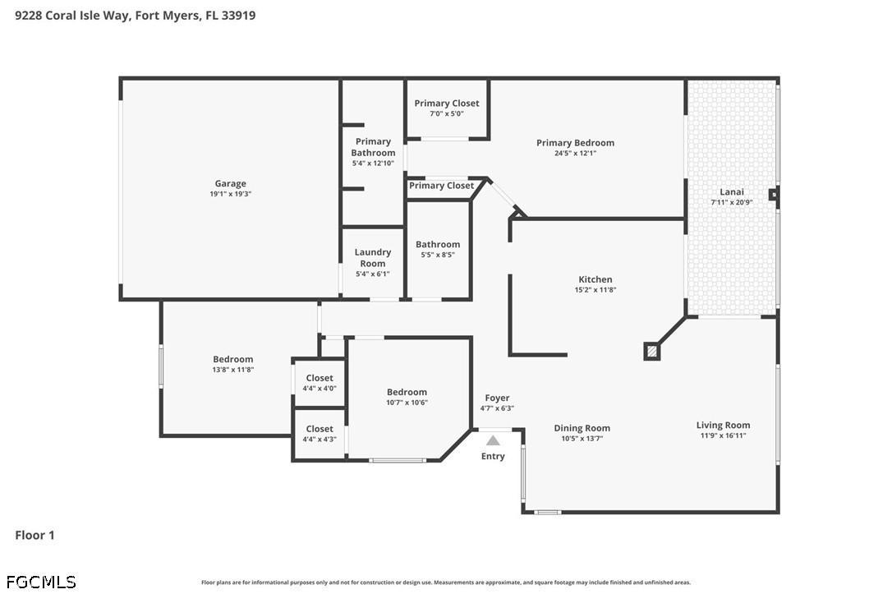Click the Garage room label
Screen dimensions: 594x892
click(x=230, y=184)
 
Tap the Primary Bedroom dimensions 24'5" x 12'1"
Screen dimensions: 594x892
click(x=575, y=153)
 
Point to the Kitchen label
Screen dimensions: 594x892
click(x=595, y=279)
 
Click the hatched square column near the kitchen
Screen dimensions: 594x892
click(x=651, y=351)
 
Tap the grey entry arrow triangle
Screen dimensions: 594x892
click(x=493, y=440)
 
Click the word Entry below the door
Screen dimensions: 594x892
click(x=493, y=456)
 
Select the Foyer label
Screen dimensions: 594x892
click(x=497, y=398)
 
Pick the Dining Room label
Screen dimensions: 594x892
click(x=582, y=428)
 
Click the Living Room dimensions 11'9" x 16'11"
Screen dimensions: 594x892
click(x=723, y=435)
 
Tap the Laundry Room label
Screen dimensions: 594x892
click(x=373, y=258)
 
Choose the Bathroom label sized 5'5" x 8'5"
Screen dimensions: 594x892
click(x=438, y=244)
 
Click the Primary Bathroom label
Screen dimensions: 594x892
click(x=373, y=147)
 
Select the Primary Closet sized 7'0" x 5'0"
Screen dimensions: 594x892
click(x=447, y=104)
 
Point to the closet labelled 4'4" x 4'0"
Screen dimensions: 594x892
click(x=320, y=378)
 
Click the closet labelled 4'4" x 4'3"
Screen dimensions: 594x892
click(x=320, y=429)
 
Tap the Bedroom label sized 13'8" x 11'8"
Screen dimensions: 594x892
click(x=233, y=359)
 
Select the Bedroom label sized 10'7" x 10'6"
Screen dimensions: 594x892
click(x=407, y=392)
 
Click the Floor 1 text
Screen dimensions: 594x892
click(x=34, y=535)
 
